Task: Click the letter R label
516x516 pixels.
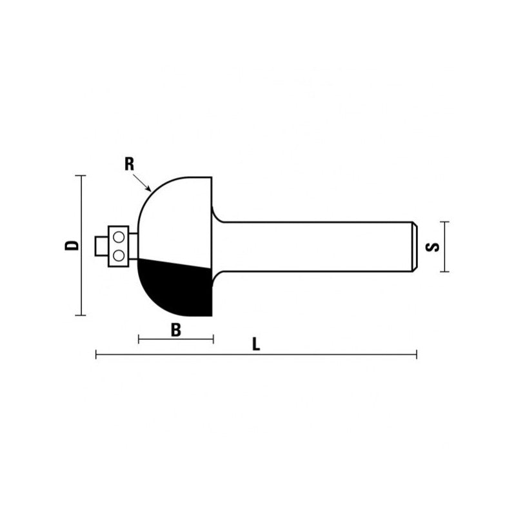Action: pyautogui.click(x=129, y=164)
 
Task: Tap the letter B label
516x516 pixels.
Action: pyautogui.click(x=175, y=330)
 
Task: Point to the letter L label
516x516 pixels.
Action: pyautogui.click(x=256, y=344)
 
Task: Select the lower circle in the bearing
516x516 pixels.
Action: pyautogui.click(x=119, y=255)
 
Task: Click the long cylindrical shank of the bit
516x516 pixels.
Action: pyautogui.click(x=310, y=246)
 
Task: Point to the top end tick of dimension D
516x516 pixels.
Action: pyautogui.click(x=81, y=175)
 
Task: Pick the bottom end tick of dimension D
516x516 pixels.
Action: pyautogui.click(x=81, y=315)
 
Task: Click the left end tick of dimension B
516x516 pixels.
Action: pyautogui.click(x=139, y=339)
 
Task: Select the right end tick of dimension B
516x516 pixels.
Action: pyautogui.click(x=213, y=339)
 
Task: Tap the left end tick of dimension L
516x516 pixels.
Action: pyautogui.click(x=96, y=354)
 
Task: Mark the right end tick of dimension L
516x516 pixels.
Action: pyautogui.click(x=417, y=354)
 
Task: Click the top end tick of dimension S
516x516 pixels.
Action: pyautogui.click(x=444, y=221)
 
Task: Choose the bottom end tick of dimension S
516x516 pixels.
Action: pyautogui.click(x=444, y=272)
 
